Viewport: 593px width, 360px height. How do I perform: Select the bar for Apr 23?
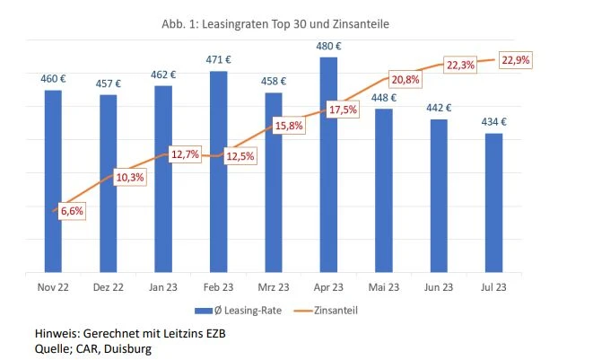click(328, 171)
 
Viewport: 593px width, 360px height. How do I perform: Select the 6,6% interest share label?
click(72, 210)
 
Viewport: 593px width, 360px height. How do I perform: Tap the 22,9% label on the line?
click(514, 60)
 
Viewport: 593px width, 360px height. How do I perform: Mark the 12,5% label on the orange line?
click(239, 156)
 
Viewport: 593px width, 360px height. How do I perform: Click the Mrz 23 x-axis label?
click(273, 287)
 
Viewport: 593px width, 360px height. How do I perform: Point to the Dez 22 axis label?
click(108, 287)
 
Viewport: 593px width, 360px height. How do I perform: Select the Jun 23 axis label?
click(438, 287)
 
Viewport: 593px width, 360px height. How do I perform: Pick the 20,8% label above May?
click(406, 80)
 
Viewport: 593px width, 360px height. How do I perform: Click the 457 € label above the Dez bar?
click(108, 83)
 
